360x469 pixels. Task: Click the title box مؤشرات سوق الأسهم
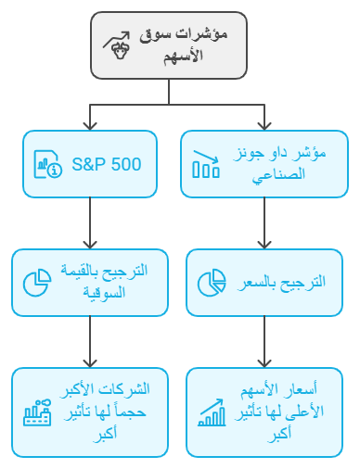click(x=169, y=45)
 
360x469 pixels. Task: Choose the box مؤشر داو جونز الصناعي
click(x=265, y=164)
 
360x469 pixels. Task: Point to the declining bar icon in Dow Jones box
click(x=206, y=164)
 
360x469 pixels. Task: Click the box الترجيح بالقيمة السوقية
click(x=89, y=282)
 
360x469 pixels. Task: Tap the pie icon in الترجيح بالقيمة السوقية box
click(x=36, y=282)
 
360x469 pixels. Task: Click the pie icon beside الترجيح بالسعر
click(x=212, y=282)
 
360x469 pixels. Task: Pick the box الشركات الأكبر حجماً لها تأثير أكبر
click(x=89, y=412)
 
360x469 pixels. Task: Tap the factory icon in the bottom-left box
click(x=37, y=413)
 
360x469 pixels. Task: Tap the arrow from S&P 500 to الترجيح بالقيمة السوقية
click(x=89, y=222)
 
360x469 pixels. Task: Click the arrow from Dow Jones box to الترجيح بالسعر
click(x=265, y=222)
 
